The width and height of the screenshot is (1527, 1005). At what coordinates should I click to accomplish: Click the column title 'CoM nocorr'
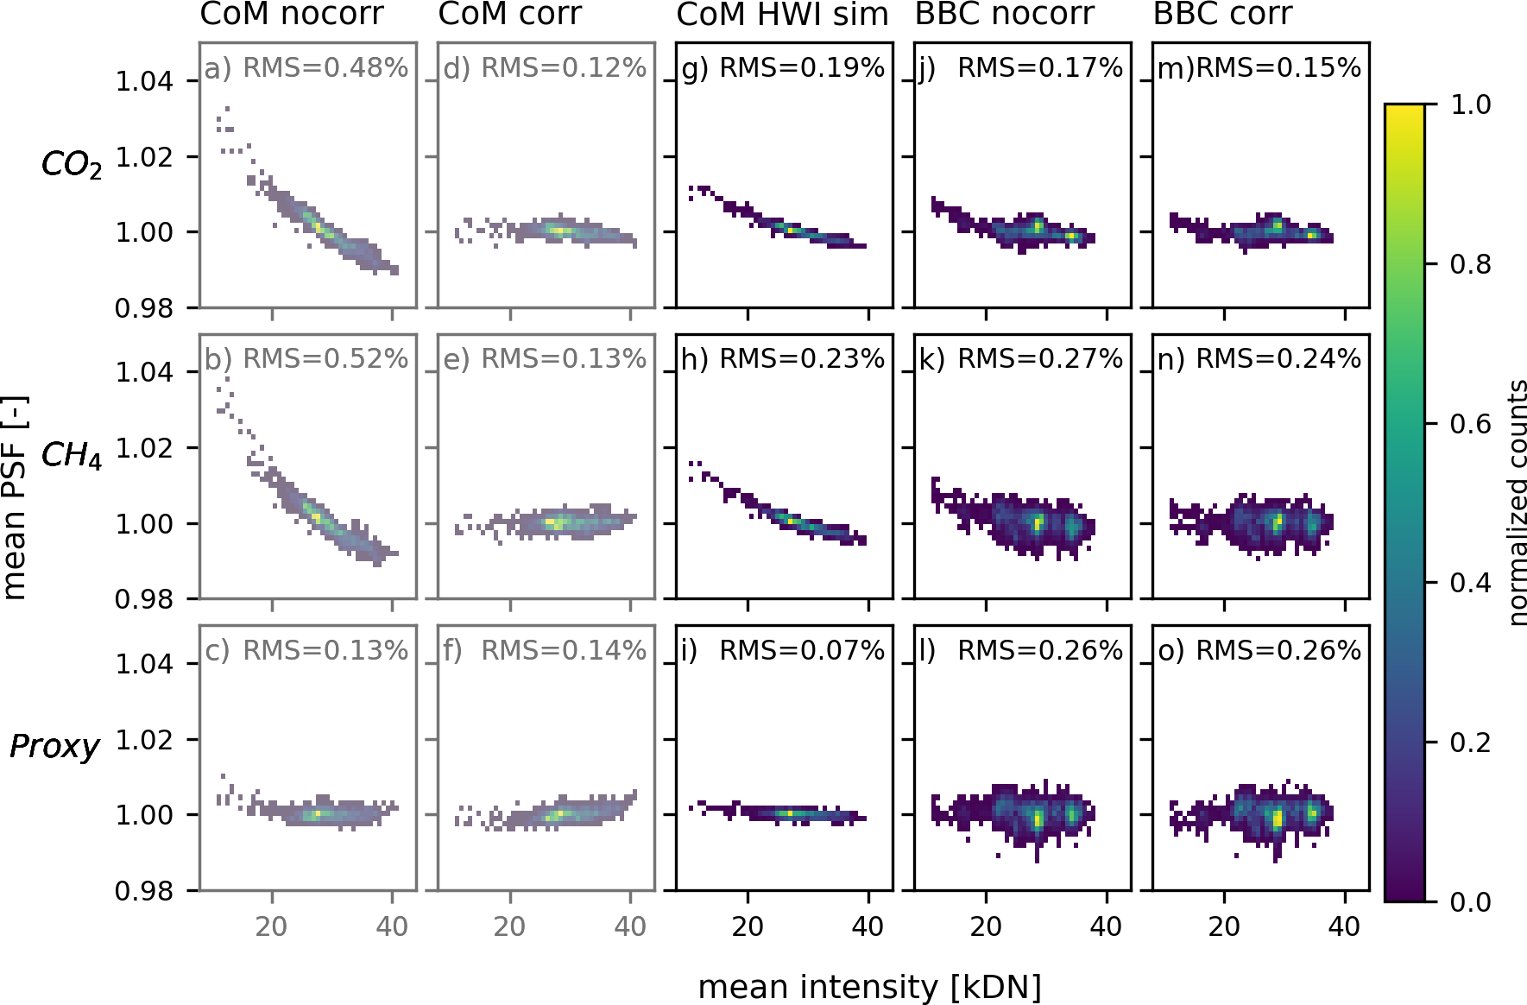click(x=292, y=14)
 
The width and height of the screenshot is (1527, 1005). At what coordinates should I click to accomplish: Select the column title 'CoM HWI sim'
click(x=782, y=14)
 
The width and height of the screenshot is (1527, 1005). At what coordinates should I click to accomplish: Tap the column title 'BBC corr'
click(x=1222, y=14)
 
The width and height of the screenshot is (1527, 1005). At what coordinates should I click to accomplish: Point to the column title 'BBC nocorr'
click(x=1004, y=14)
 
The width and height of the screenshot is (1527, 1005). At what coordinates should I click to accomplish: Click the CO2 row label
click(x=72, y=163)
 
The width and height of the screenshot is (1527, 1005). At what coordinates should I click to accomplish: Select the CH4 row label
click(x=72, y=454)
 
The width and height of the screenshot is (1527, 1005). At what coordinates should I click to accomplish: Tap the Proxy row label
click(x=54, y=745)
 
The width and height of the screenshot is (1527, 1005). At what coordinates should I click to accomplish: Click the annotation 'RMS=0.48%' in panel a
click(x=325, y=67)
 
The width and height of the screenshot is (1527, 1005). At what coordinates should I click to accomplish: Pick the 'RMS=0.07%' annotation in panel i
click(x=802, y=650)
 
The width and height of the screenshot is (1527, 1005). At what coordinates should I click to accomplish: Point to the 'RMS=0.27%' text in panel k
click(x=1040, y=358)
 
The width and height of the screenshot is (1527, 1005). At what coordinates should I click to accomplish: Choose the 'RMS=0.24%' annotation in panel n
click(x=1278, y=358)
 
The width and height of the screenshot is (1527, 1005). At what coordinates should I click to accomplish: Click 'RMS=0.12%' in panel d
click(x=564, y=67)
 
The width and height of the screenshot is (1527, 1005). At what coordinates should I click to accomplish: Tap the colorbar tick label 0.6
click(x=1470, y=423)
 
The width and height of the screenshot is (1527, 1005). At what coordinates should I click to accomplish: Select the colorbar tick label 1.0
click(x=1470, y=104)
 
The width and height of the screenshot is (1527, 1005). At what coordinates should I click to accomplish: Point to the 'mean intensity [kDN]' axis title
click(x=869, y=987)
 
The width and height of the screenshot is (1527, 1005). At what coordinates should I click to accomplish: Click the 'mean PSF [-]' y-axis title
click(x=15, y=497)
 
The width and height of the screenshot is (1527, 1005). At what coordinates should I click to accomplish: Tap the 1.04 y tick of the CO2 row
click(x=144, y=81)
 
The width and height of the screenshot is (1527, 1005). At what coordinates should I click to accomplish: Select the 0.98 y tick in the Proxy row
click(x=144, y=890)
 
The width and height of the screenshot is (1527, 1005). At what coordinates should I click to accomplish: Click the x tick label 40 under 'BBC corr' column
click(x=1344, y=927)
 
